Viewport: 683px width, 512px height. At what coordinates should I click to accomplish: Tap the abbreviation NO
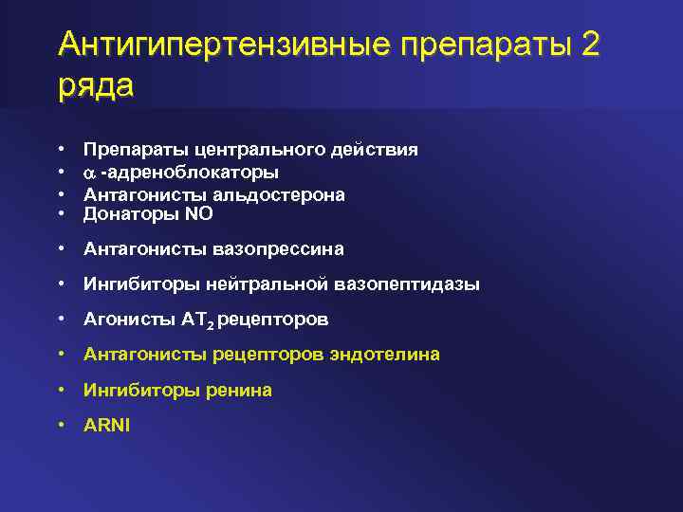coord(199,215)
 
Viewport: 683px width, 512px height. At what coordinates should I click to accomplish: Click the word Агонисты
coord(128,320)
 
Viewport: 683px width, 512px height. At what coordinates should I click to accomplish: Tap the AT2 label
coord(199,320)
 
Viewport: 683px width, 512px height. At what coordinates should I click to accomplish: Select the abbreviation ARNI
coord(107,425)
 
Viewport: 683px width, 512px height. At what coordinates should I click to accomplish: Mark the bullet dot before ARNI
coord(61,425)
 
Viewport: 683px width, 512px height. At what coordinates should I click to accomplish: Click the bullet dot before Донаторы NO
coord(61,215)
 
